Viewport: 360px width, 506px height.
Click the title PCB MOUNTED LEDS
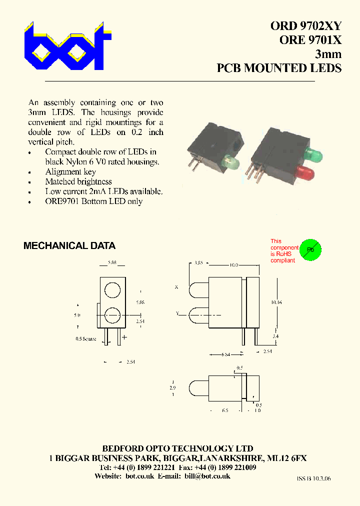coord(279,68)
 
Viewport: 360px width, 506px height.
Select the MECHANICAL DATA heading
coord(69,246)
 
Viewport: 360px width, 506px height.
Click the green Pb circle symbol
coord(310,249)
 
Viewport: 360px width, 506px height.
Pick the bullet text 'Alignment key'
coord(70,171)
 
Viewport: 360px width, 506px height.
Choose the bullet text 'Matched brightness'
coord(78,181)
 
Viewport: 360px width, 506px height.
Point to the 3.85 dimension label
coord(198,262)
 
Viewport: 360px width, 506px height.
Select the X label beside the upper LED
coord(176,287)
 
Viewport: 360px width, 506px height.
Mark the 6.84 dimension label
coord(226,355)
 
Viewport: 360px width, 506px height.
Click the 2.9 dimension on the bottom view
coord(172,387)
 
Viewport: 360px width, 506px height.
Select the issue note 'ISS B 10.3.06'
coord(313,478)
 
